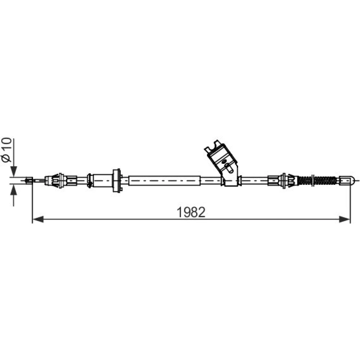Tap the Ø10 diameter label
point(6,150)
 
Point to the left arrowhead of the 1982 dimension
point(38,219)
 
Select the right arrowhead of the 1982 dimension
point(345,219)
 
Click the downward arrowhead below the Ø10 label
point(14,171)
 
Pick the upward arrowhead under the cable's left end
point(14,190)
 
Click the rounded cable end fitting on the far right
point(347,180)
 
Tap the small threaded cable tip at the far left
point(29,180)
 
